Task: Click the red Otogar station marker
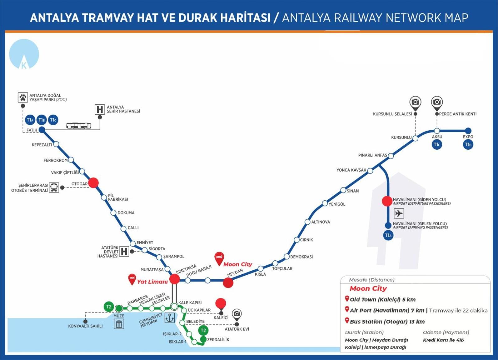point(93,183)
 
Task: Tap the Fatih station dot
point(42,130)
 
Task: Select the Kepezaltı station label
point(42,145)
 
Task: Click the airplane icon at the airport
point(399,213)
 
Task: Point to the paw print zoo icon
point(23,97)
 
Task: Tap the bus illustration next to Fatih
point(79,126)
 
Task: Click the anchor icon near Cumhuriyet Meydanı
point(169,318)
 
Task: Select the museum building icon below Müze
point(119,324)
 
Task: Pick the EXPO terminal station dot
point(468,130)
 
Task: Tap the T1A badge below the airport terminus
point(388,235)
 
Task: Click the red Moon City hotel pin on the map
point(219,259)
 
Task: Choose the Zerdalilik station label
point(218,339)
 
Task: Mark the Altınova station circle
point(308,222)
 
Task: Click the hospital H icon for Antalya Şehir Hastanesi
point(100,110)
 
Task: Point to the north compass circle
point(24,54)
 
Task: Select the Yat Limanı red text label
point(152,282)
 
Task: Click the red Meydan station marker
point(228,283)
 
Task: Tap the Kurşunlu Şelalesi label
point(392,114)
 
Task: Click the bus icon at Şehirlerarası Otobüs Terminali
point(54,187)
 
